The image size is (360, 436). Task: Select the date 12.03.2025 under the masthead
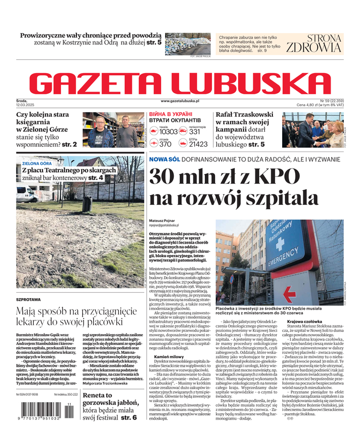coord(26,105)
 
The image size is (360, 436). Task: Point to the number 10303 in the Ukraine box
coord(168,132)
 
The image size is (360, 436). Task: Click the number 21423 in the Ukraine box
coord(198,144)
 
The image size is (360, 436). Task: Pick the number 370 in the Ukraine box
coord(164,144)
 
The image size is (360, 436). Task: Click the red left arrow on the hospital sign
coord(289,295)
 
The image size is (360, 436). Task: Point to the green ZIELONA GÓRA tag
coord(37,163)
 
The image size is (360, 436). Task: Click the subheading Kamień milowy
coord(169,356)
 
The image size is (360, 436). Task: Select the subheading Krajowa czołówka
coord(305,322)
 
